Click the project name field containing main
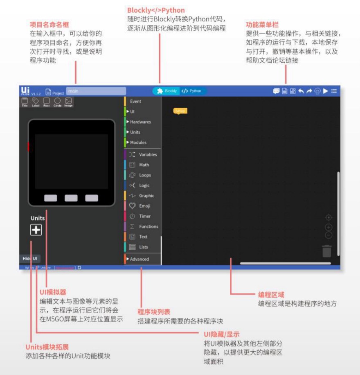point(96,91)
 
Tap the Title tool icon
point(25,101)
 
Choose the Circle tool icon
point(57,101)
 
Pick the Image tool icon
point(68,101)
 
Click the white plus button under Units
point(36,230)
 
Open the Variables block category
point(147,155)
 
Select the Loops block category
point(145,175)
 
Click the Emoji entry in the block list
point(144,206)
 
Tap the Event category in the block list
point(135,102)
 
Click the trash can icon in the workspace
point(326,251)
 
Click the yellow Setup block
point(180,111)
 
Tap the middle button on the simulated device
point(71,198)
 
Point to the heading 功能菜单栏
point(262,25)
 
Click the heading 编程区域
point(271,295)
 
